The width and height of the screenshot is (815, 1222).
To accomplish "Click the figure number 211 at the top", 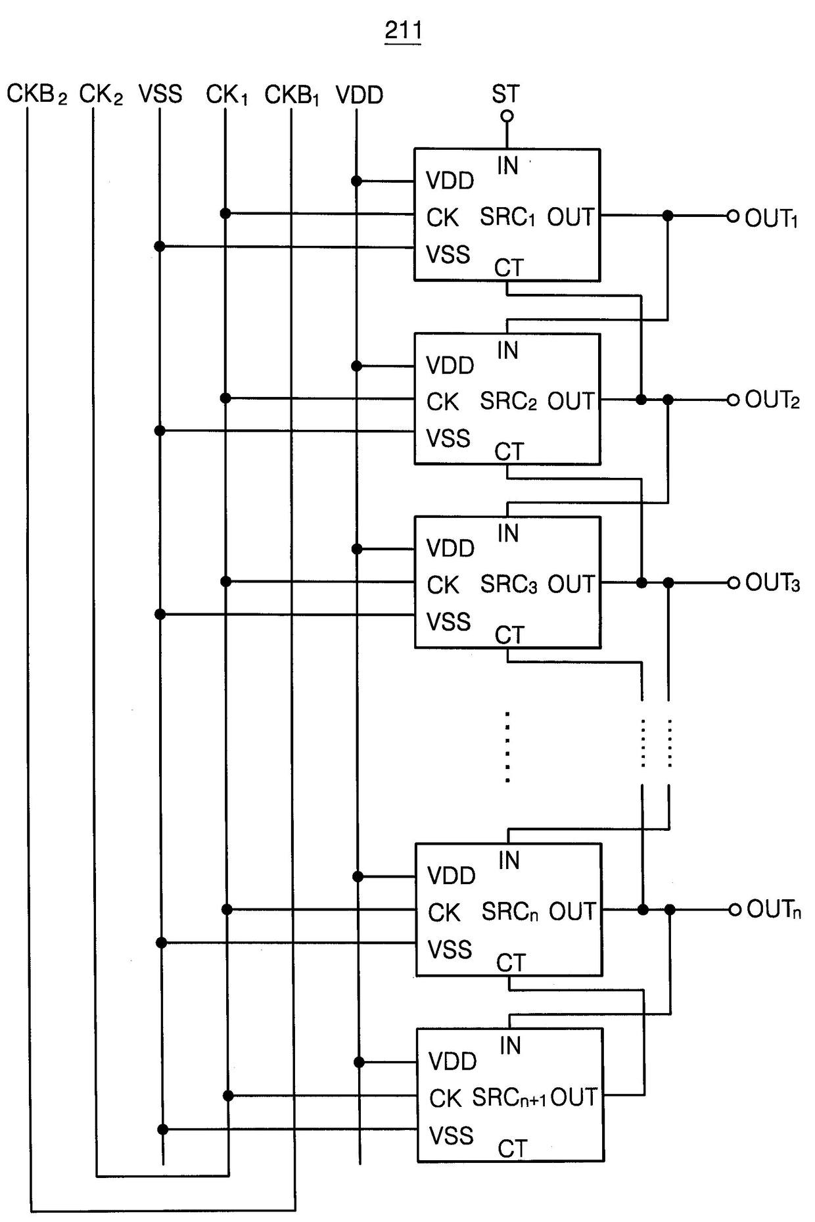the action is click(x=403, y=30).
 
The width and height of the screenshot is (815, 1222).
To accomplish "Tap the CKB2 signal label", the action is click(x=37, y=94).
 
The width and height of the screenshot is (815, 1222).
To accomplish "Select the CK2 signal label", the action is click(x=101, y=95).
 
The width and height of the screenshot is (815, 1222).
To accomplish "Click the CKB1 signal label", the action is click(x=292, y=95).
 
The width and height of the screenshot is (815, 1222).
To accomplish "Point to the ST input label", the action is click(x=505, y=94).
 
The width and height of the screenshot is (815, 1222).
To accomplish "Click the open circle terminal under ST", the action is click(x=507, y=116).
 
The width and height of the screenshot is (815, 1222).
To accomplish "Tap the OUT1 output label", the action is click(x=772, y=218).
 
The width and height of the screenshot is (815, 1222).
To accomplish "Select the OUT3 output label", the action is click(x=773, y=582).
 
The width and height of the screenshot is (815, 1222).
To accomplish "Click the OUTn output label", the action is click(x=774, y=910).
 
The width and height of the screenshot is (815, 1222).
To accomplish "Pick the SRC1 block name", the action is click(x=507, y=217).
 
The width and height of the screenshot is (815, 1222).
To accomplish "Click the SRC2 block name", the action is click(x=509, y=401).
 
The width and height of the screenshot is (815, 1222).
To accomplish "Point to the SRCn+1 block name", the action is click(x=509, y=1097).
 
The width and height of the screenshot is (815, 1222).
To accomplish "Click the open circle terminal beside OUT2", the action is click(x=733, y=400).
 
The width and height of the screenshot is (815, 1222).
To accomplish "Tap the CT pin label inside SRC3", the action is click(x=509, y=635).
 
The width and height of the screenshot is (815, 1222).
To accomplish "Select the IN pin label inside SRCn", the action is click(x=509, y=860).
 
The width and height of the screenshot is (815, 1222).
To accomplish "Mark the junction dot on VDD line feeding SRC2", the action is click(x=357, y=366).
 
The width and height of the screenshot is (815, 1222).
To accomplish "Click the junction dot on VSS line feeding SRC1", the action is click(x=160, y=247).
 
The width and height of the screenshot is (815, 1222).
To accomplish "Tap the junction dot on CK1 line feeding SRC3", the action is click(x=225, y=582).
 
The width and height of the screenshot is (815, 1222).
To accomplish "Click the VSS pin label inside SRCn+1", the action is click(x=452, y=1135).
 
